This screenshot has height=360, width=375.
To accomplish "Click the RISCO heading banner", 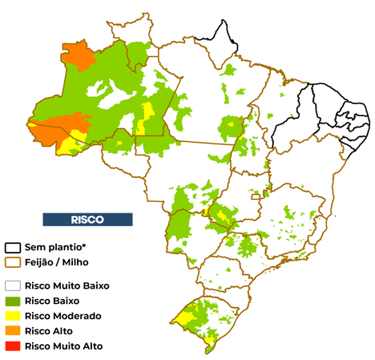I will coord(86,219).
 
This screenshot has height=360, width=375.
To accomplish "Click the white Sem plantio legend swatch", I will coord(14,248).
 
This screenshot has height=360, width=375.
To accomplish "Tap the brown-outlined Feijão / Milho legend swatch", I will coord(14,261).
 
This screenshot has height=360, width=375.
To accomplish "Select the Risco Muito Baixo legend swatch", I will coord(14,285).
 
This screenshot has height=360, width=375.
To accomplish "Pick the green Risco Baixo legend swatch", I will coord(14,300).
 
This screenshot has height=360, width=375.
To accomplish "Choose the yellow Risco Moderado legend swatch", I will coord(14,315).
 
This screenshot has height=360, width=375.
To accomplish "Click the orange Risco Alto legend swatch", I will coord(14,330).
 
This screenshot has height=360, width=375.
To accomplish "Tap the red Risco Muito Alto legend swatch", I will coord(14,346).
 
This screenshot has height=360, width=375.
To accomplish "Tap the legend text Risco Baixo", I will coord(53,301).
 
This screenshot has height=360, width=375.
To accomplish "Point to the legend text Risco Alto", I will coord(49,331).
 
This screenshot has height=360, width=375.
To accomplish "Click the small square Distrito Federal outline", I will coord(256,196).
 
